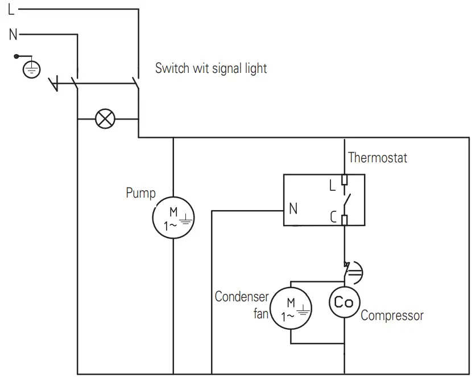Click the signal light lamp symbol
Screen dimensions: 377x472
[105, 119]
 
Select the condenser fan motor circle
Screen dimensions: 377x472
[291, 308]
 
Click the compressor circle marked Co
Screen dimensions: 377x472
[343, 302]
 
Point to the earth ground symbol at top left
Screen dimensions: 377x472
[32, 69]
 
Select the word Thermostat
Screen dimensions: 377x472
[378, 158]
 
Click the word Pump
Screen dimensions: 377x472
[140, 193]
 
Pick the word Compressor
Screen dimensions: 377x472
[392, 315]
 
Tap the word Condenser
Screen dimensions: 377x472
[241, 297]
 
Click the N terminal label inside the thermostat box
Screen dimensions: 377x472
[293, 209]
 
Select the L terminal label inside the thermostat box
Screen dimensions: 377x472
[333, 185]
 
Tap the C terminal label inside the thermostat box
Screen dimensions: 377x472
[333, 216]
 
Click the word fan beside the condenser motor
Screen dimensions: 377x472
[260, 313]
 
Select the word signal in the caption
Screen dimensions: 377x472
[226, 69]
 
